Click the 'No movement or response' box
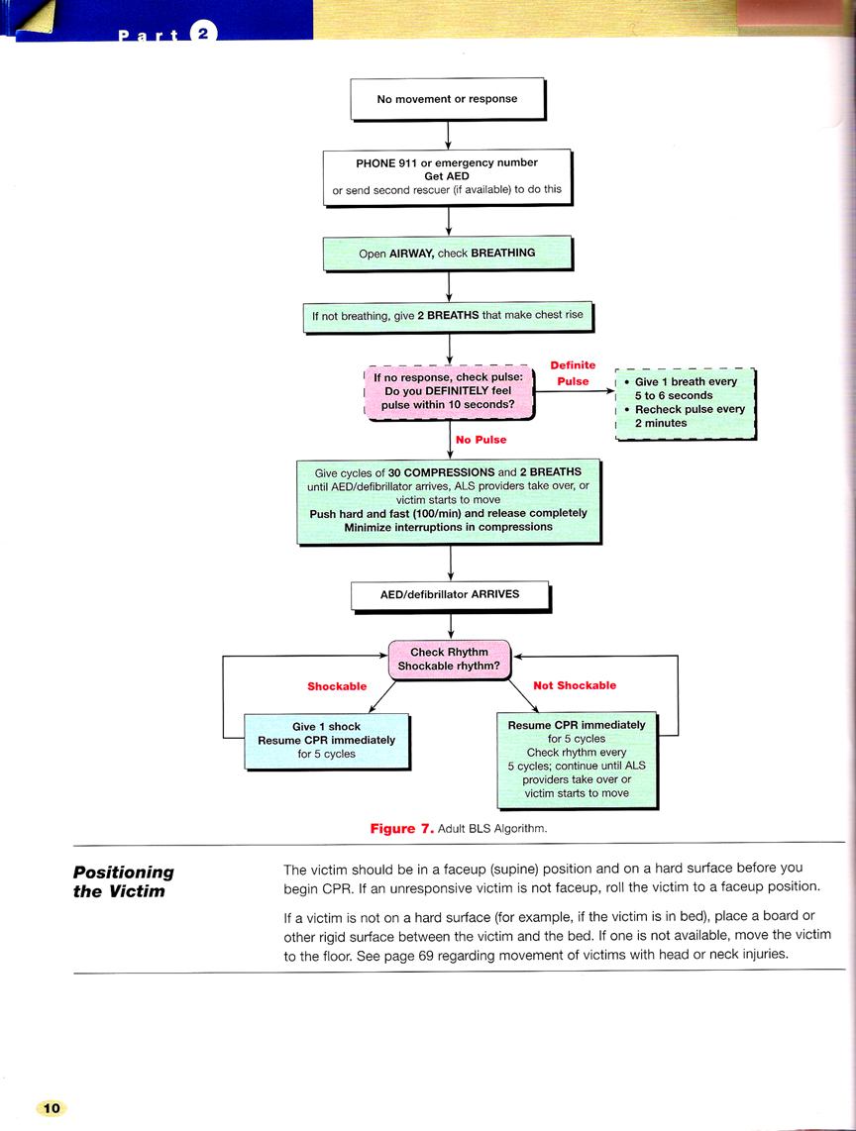(448, 99)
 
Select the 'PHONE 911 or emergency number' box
(448, 177)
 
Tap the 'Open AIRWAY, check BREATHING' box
(448, 254)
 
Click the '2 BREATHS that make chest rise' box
(448, 317)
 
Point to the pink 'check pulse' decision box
(449, 392)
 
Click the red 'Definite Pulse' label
(573, 373)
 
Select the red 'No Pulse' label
(481, 440)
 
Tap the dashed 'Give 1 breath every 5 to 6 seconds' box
(685, 403)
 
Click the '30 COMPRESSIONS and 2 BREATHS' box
(449, 501)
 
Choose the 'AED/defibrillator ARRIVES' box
(451, 596)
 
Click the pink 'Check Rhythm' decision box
(449, 660)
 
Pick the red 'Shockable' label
(337, 686)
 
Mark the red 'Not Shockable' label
(575, 685)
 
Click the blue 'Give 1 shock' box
(327, 742)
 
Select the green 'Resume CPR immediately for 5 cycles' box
(578, 761)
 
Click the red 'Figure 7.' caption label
(402, 829)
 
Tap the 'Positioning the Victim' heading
(124, 881)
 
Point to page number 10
(52, 1108)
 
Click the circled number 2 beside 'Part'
(203, 34)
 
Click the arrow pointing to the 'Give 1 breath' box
(576, 391)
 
